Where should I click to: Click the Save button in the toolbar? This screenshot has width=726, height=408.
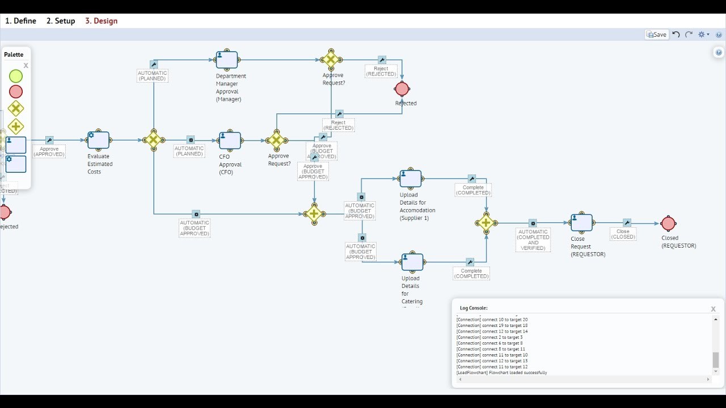click(x=656, y=35)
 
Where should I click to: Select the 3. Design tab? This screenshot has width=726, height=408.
click(x=101, y=21)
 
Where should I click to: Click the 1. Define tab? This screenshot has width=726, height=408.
click(x=20, y=21)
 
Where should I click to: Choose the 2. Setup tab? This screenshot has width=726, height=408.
click(x=61, y=21)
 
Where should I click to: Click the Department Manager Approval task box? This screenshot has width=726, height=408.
click(x=227, y=59)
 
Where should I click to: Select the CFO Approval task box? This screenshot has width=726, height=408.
click(x=230, y=141)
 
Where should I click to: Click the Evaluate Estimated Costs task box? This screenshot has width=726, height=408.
click(x=98, y=139)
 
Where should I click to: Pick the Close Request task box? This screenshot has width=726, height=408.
click(x=581, y=223)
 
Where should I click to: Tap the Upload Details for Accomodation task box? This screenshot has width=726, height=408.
click(x=411, y=178)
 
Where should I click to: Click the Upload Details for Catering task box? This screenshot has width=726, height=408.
click(x=412, y=262)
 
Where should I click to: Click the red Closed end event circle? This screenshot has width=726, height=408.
click(x=668, y=223)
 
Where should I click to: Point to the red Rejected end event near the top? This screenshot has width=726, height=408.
click(x=402, y=89)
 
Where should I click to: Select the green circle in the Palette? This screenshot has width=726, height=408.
click(x=16, y=76)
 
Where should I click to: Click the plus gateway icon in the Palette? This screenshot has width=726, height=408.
click(x=16, y=126)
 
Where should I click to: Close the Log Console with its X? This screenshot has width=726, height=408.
click(x=713, y=309)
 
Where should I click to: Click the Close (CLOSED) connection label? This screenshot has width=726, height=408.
click(x=623, y=234)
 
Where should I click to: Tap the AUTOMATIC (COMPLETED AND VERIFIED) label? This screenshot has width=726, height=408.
click(x=533, y=240)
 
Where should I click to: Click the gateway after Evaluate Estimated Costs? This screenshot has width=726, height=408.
click(x=154, y=140)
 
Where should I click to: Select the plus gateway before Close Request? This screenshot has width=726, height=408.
click(x=486, y=223)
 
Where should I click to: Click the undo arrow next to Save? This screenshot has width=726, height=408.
click(x=676, y=35)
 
